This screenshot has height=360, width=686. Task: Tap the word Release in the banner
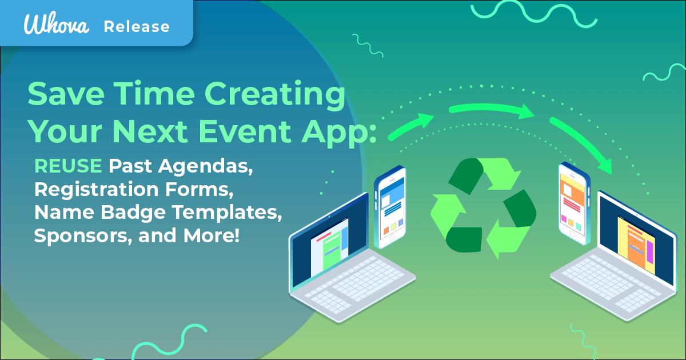click(x=136, y=26)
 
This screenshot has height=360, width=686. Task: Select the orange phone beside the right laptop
click(x=574, y=201)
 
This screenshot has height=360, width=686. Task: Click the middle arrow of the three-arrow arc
click(x=492, y=110)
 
